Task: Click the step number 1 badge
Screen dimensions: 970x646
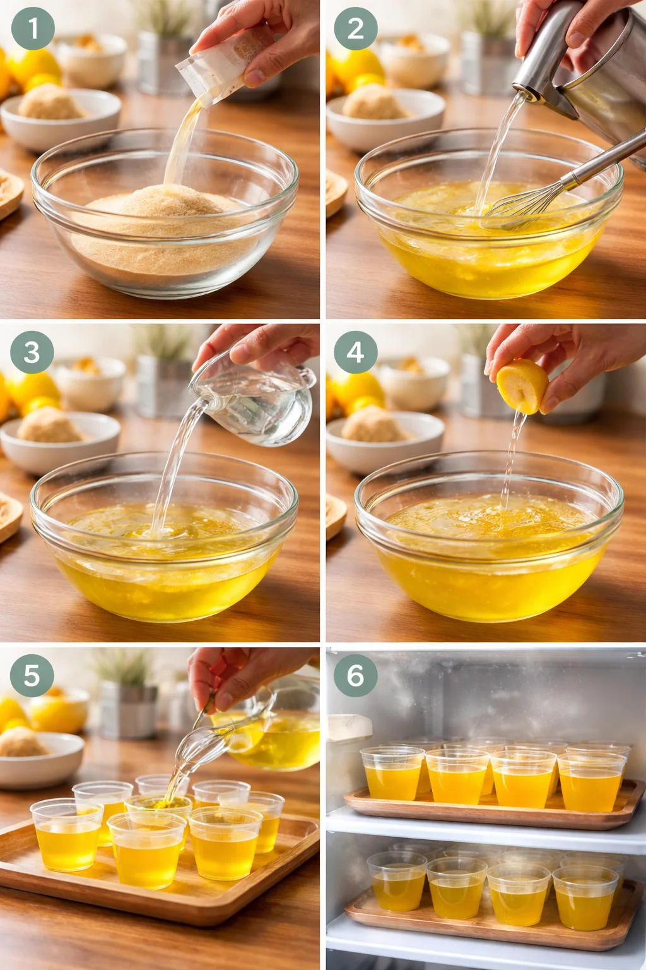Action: [32, 28]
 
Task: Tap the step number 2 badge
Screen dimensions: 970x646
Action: [355, 28]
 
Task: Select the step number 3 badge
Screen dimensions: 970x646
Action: [32, 352]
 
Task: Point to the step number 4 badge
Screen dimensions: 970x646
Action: [355, 352]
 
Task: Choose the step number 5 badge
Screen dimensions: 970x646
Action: [32, 675]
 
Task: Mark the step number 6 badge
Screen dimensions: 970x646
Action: [355, 675]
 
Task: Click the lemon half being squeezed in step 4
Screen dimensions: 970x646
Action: [522, 386]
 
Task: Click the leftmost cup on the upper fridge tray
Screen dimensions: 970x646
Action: [392, 774]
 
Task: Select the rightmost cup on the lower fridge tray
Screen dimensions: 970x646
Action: [585, 897]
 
